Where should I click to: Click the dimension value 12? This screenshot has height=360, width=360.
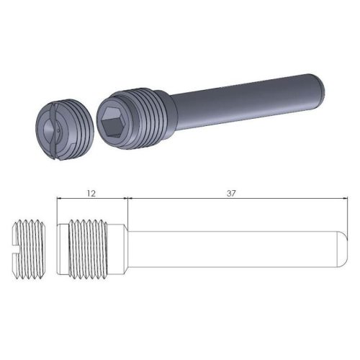[x=91, y=193]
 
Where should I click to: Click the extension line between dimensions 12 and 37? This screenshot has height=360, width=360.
[x=127, y=209]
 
